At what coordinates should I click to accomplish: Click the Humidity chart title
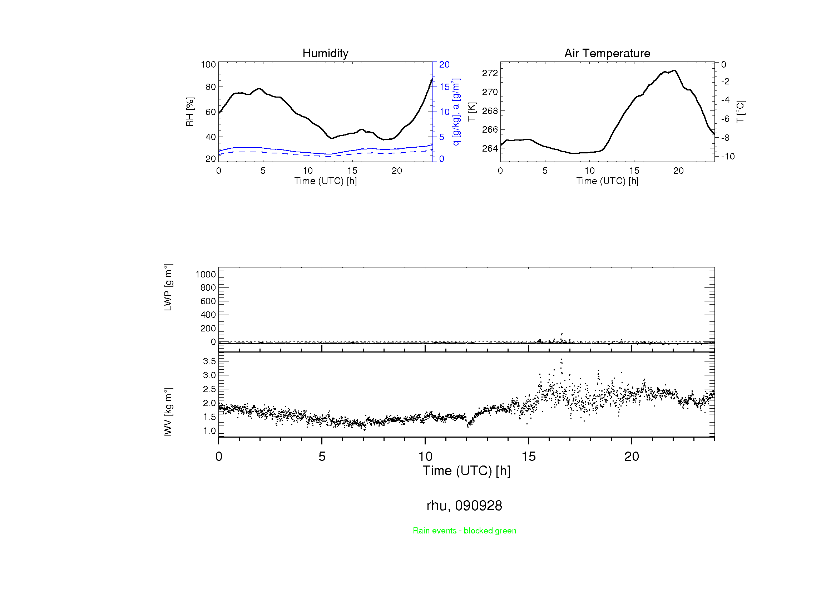pos(325,53)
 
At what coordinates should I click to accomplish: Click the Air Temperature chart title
pos(607,53)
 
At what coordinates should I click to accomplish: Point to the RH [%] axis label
pos(190,112)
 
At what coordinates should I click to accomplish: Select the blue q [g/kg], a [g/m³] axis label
pos(456,112)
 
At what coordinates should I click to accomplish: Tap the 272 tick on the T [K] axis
pos(489,73)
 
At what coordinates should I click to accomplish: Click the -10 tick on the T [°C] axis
pos(727,157)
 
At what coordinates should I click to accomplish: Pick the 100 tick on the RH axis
pos(208,64)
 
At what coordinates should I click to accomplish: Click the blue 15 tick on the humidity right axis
pos(444,87)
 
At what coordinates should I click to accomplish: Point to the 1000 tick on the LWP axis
pos(206,274)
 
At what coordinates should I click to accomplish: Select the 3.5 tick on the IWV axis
pos(209,361)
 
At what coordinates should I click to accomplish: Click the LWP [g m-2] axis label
pos(168,287)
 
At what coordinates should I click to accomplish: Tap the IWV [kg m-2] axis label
pos(168,412)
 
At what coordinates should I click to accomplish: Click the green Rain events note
pos(464,531)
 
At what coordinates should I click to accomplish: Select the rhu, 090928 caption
pos(464,506)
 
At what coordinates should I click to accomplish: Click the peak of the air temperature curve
pos(674,70)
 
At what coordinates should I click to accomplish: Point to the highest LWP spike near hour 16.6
pos(562,334)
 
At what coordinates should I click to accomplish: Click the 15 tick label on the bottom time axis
pos(528,457)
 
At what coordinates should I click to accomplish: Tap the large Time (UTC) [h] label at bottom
pos(466,471)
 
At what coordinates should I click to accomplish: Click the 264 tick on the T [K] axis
pos(489,149)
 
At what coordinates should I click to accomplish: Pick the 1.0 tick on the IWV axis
pos(209,431)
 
